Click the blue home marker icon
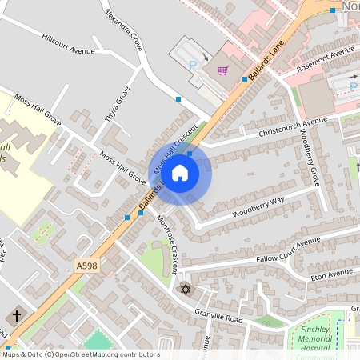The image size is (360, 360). (180, 173)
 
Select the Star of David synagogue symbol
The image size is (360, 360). (186, 288)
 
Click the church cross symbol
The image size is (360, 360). (16, 315)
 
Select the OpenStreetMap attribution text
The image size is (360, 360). (80, 354)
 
